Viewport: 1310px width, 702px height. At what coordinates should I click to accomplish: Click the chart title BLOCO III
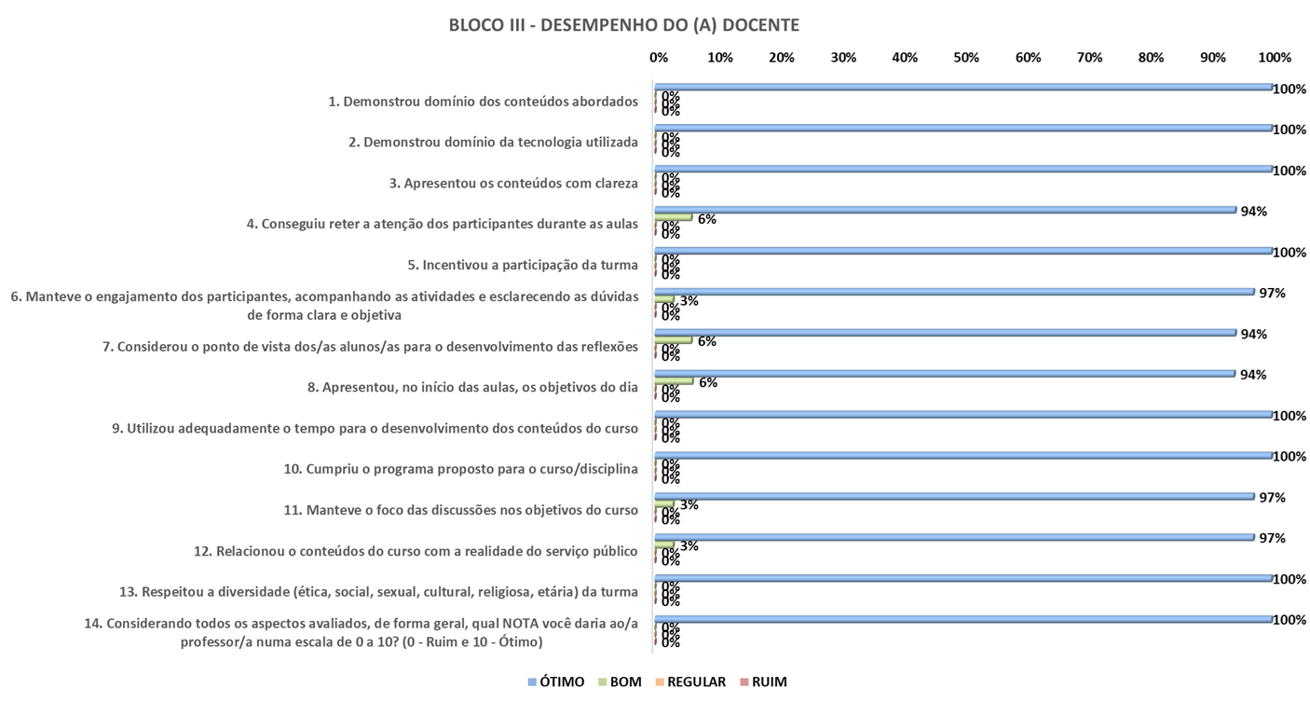tap(623, 25)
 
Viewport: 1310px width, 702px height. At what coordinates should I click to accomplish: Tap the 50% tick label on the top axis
tap(966, 58)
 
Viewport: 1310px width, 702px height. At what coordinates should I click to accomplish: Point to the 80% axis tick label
tap(1151, 58)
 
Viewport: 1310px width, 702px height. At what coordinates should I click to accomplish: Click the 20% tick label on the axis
tap(781, 58)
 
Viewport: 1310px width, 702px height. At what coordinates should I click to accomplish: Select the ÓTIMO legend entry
tap(555, 681)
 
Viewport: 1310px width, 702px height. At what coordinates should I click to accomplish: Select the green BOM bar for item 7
tap(674, 339)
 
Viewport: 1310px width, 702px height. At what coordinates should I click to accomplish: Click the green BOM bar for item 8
tap(674, 380)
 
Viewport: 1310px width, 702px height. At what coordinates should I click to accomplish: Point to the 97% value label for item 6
tap(1272, 293)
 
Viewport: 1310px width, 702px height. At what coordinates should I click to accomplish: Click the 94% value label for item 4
tap(1253, 212)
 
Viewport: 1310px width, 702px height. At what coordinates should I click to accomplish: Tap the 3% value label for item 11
tap(689, 504)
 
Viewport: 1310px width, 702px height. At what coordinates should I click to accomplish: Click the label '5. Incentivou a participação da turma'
tap(523, 265)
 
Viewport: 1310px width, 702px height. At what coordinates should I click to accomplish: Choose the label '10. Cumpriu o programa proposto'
tap(460, 469)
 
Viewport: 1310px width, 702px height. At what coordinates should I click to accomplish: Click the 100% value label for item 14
tap(1290, 619)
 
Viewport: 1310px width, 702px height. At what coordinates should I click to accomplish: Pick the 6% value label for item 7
tap(706, 341)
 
